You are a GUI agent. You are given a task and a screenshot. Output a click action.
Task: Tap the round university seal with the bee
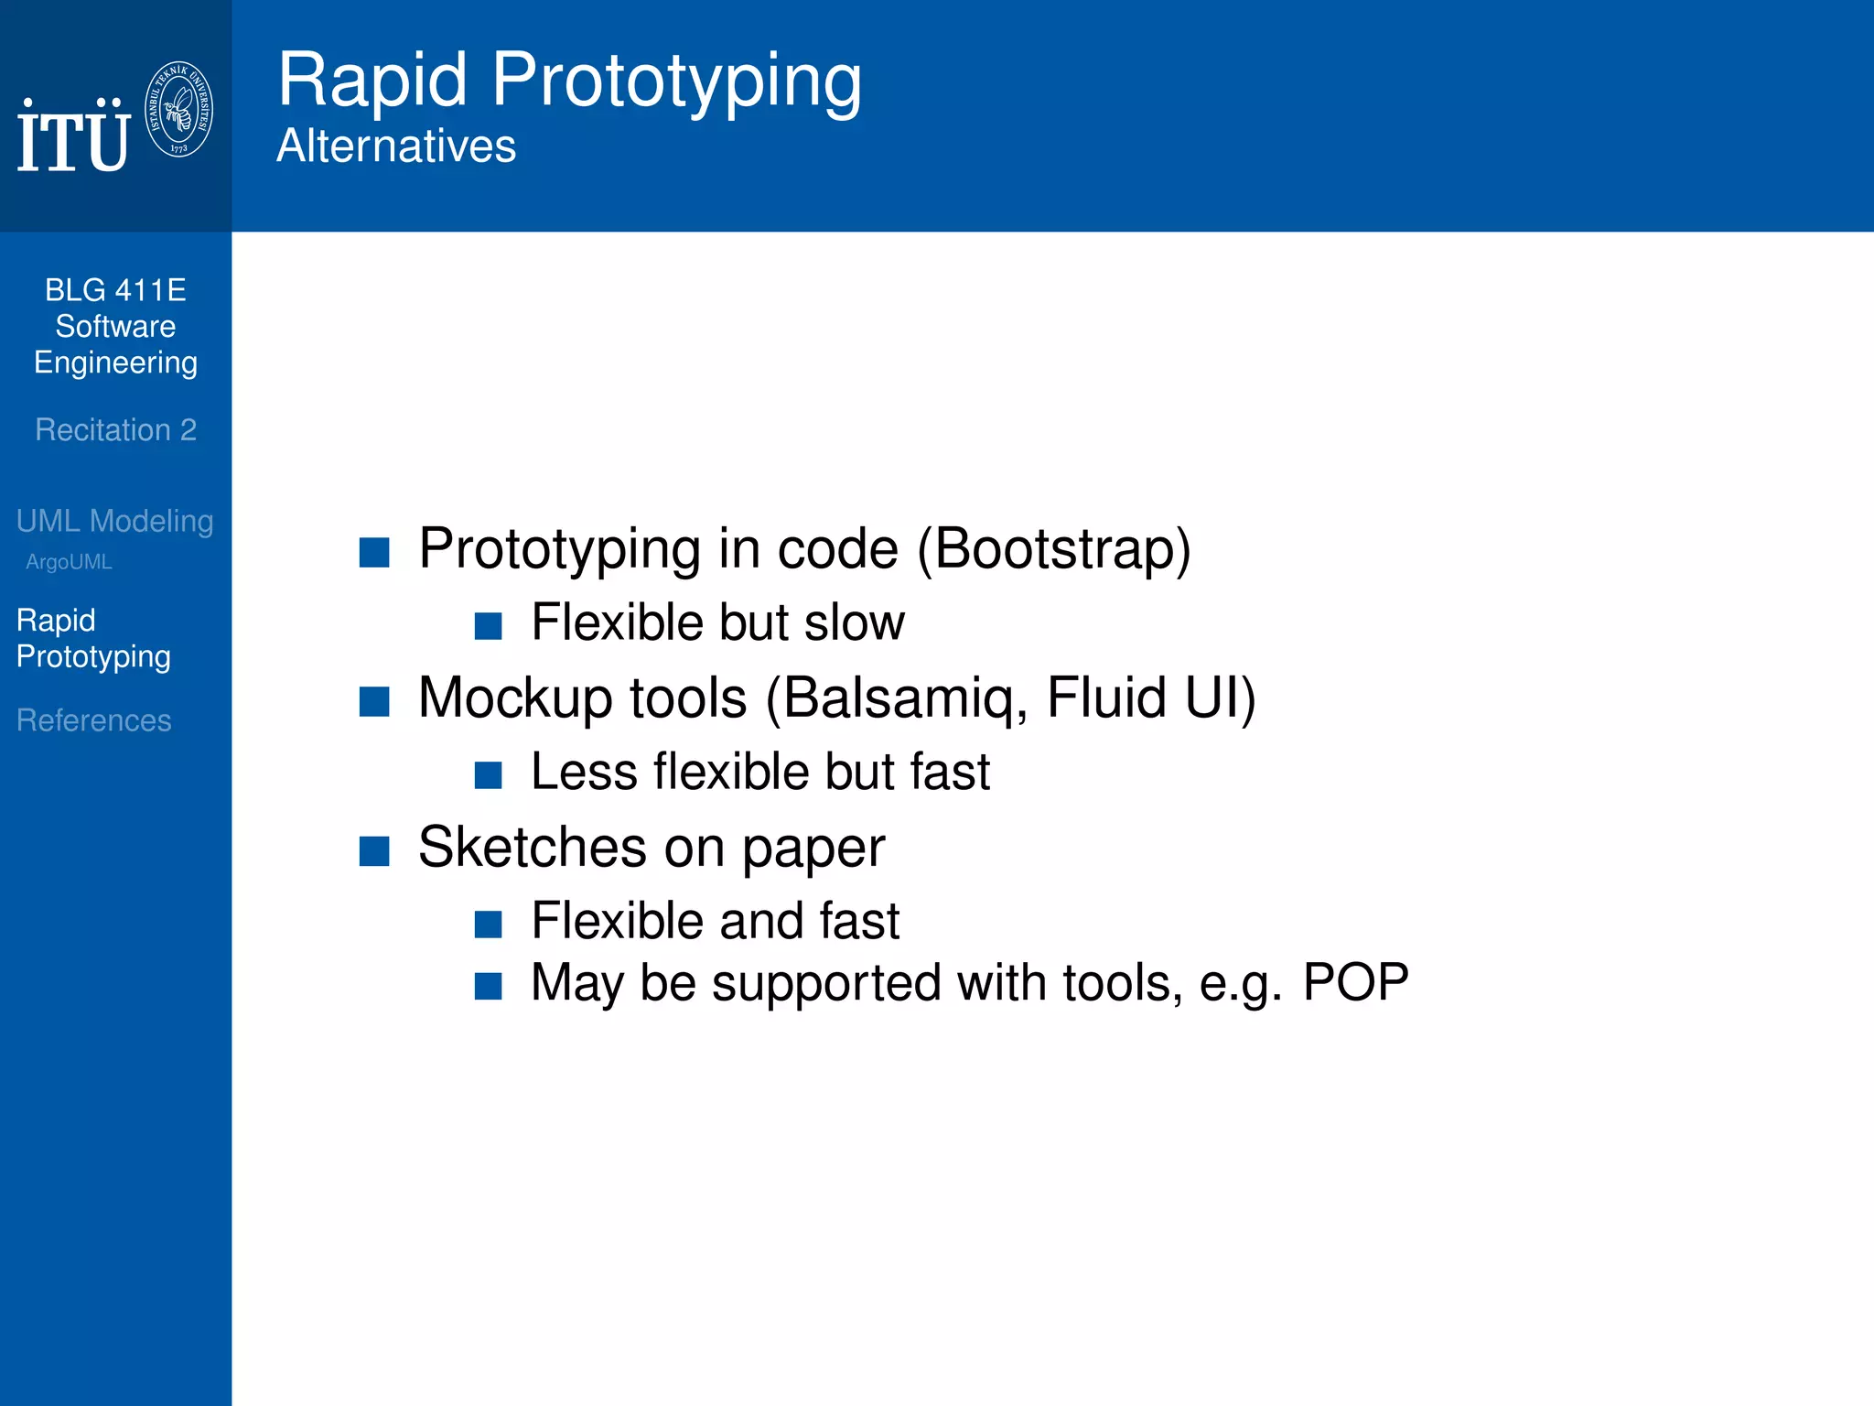179,110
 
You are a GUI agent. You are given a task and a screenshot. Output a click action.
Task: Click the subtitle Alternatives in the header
396,146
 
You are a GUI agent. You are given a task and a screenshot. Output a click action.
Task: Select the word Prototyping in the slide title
676,81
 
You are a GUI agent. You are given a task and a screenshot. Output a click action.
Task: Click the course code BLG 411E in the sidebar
115,290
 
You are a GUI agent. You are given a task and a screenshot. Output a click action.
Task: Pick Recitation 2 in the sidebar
115,429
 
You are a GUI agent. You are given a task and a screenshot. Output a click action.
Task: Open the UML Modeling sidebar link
114,521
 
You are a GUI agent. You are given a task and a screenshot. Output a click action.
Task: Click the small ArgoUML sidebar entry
69,562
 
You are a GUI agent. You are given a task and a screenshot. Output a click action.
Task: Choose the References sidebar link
93,720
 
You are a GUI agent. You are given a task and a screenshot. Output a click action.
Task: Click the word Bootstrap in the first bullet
1053,549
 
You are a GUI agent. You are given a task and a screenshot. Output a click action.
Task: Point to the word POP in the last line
1355,983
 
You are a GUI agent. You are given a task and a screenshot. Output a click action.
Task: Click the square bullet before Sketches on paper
374,850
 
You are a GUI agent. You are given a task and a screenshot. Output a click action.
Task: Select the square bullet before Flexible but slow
489,626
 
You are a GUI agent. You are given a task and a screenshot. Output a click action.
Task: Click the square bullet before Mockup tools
374,701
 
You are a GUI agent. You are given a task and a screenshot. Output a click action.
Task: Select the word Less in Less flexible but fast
583,772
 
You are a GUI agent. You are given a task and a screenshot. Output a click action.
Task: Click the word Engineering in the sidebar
115,363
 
